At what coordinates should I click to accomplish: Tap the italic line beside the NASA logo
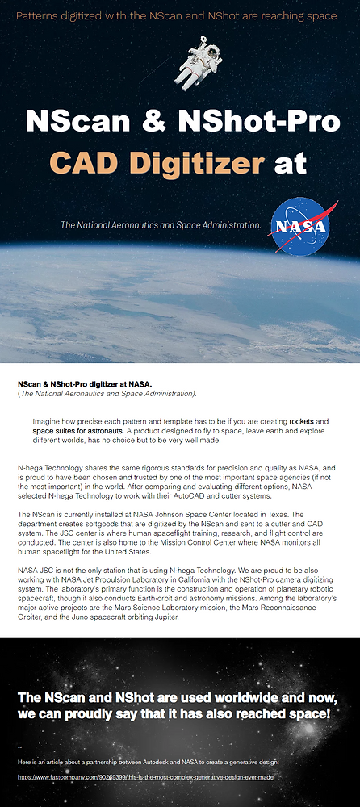coord(161,224)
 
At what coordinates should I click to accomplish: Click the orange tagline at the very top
coord(178,16)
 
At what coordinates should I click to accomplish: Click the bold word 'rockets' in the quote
coord(301,421)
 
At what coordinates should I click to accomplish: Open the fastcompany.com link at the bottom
coord(146,776)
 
